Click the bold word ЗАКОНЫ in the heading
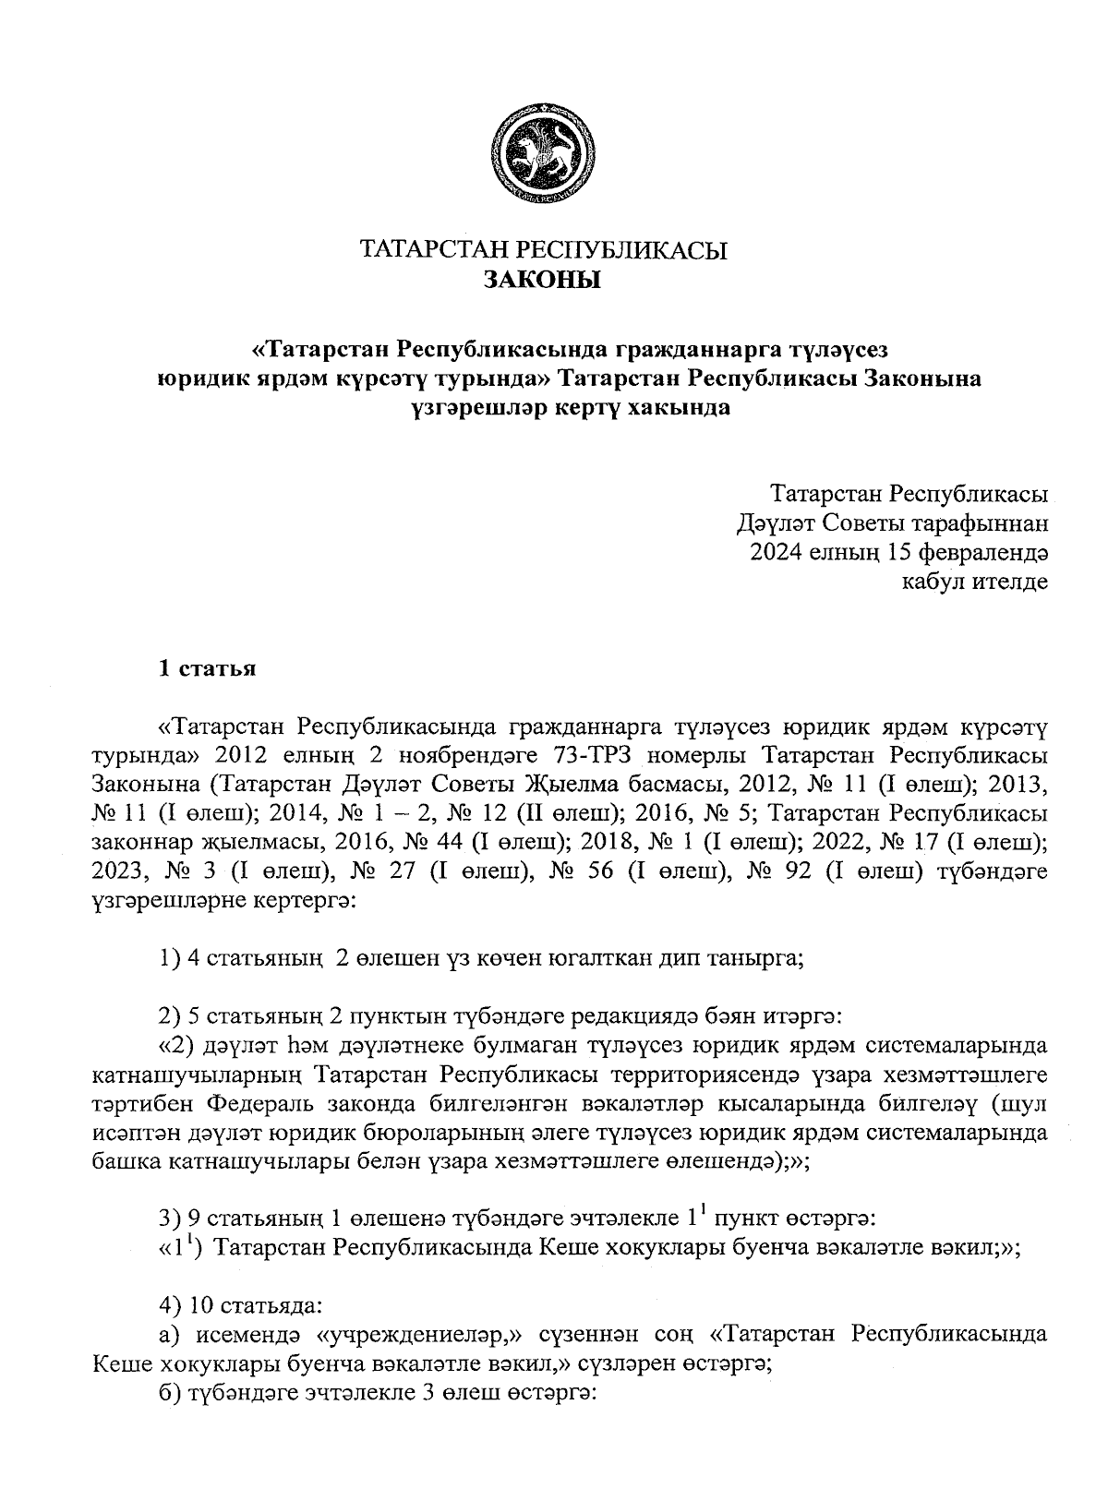click(x=543, y=280)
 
